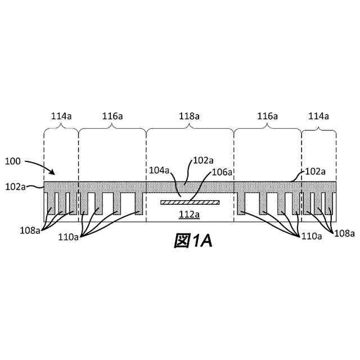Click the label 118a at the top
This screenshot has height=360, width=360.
(x=190, y=116)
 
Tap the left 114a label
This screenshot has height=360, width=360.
(x=61, y=116)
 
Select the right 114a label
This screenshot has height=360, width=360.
(x=318, y=116)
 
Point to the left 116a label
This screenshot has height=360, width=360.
(x=112, y=116)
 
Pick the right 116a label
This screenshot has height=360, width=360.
(x=267, y=116)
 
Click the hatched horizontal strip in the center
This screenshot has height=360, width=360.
(x=190, y=202)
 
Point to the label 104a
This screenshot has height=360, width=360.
(x=159, y=169)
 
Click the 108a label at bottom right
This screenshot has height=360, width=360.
(x=345, y=232)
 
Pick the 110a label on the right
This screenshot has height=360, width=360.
(x=311, y=236)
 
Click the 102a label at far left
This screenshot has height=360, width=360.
(x=15, y=186)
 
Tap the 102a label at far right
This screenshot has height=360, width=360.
(x=316, y=172)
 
